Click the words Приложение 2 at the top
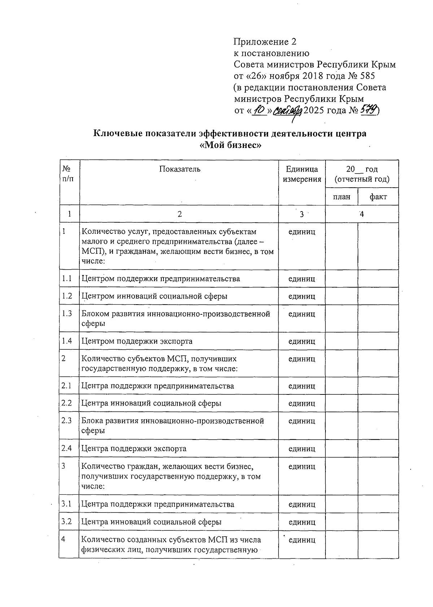pos(265,42)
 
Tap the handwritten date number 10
pos(259,110)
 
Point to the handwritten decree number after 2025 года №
pos(367,110)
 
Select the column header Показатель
pos(179,169)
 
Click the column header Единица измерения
pos(302,174)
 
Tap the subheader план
pos(341,197)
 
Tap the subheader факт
pos(378,197)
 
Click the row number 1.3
pos(67,313)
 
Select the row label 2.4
pos(67,448)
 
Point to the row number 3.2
pos(67,521)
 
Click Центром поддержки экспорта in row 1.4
pos(137,341)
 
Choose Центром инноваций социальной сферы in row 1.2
pos(154,296)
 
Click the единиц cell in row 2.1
pos(302,386)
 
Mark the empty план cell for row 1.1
pos(341,279)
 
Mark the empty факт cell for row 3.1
pos(378,504)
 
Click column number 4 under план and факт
pos(362,214)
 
